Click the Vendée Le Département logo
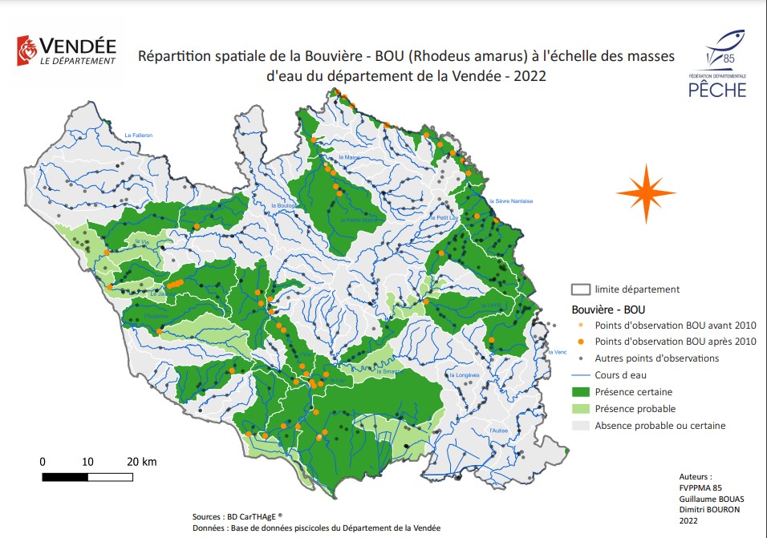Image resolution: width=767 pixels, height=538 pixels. point(66,51)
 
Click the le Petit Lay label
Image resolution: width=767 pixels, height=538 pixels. point(443,217)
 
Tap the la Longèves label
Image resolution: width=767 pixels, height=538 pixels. point(463,374)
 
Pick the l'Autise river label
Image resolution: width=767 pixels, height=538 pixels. point(499,431)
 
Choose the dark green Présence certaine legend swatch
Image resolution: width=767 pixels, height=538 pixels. point(580,391)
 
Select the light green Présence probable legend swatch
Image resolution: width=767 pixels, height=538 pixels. point(580,408)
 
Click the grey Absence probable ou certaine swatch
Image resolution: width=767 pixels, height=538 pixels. point(580,425)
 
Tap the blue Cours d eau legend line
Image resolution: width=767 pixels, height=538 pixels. point(580,374)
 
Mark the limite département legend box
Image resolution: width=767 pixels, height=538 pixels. point(580,289)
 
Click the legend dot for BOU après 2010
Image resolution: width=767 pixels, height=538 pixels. point(581,342)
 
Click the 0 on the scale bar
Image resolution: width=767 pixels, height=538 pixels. point(43,462)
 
